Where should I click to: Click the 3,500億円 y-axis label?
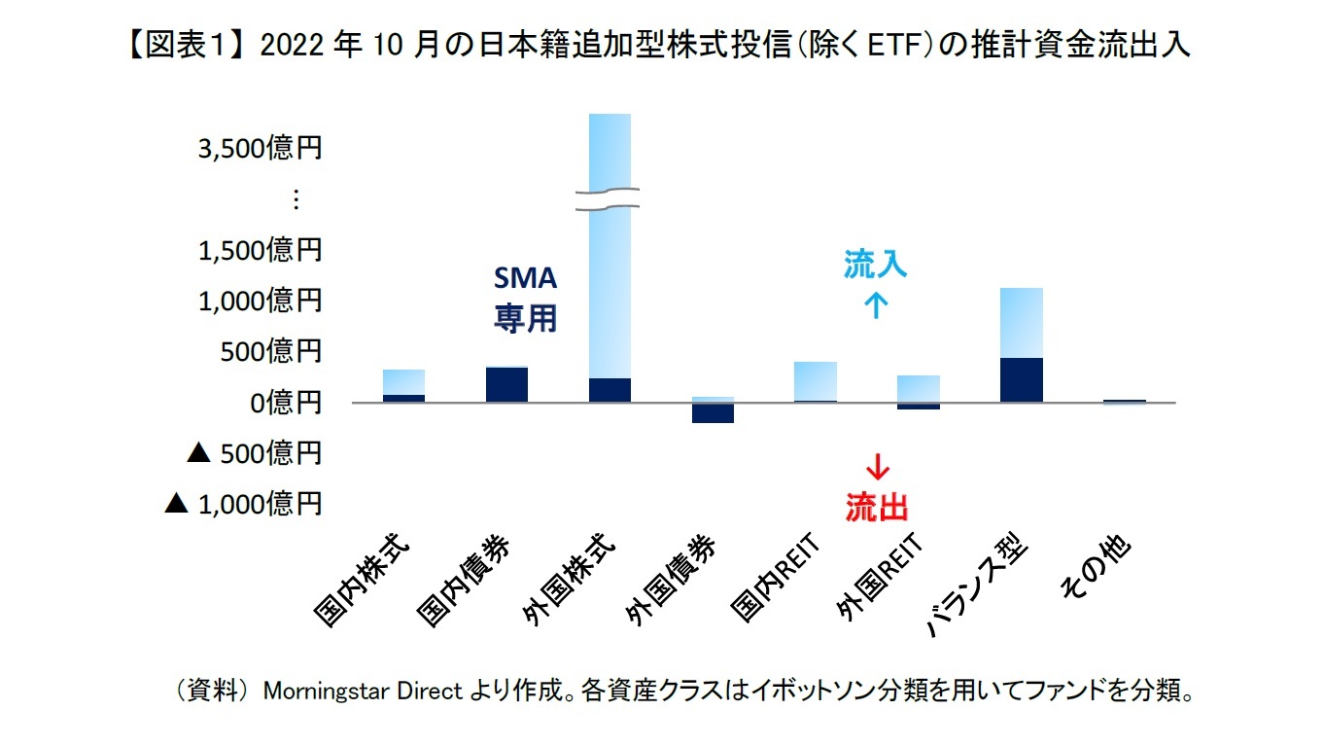pyautogui.click(x=260, y=149)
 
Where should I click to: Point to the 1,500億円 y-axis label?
pyautogui.click(x=260, y=250)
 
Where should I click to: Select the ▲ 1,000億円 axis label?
pyautogui.click(x=243, y=503)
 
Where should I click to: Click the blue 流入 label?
pyautogui.click(x=875, y=265)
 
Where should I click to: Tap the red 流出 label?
pyautogui.click(x=876, y=507)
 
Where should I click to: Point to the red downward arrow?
pyautogui.click(x=877, y=467)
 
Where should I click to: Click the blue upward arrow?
pyautogui.click(x=876, y=305)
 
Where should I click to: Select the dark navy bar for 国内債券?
pyautogui.click(x=506, y=385)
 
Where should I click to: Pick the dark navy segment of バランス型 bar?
pyautogui.click(x=1021, y=380)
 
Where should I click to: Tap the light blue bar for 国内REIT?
pyautogui.click(x=815, y=380)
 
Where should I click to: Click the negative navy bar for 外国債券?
pyautogui.click(x=712, y=413)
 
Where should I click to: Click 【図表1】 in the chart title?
pyautogui.click(x=191, y=46)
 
